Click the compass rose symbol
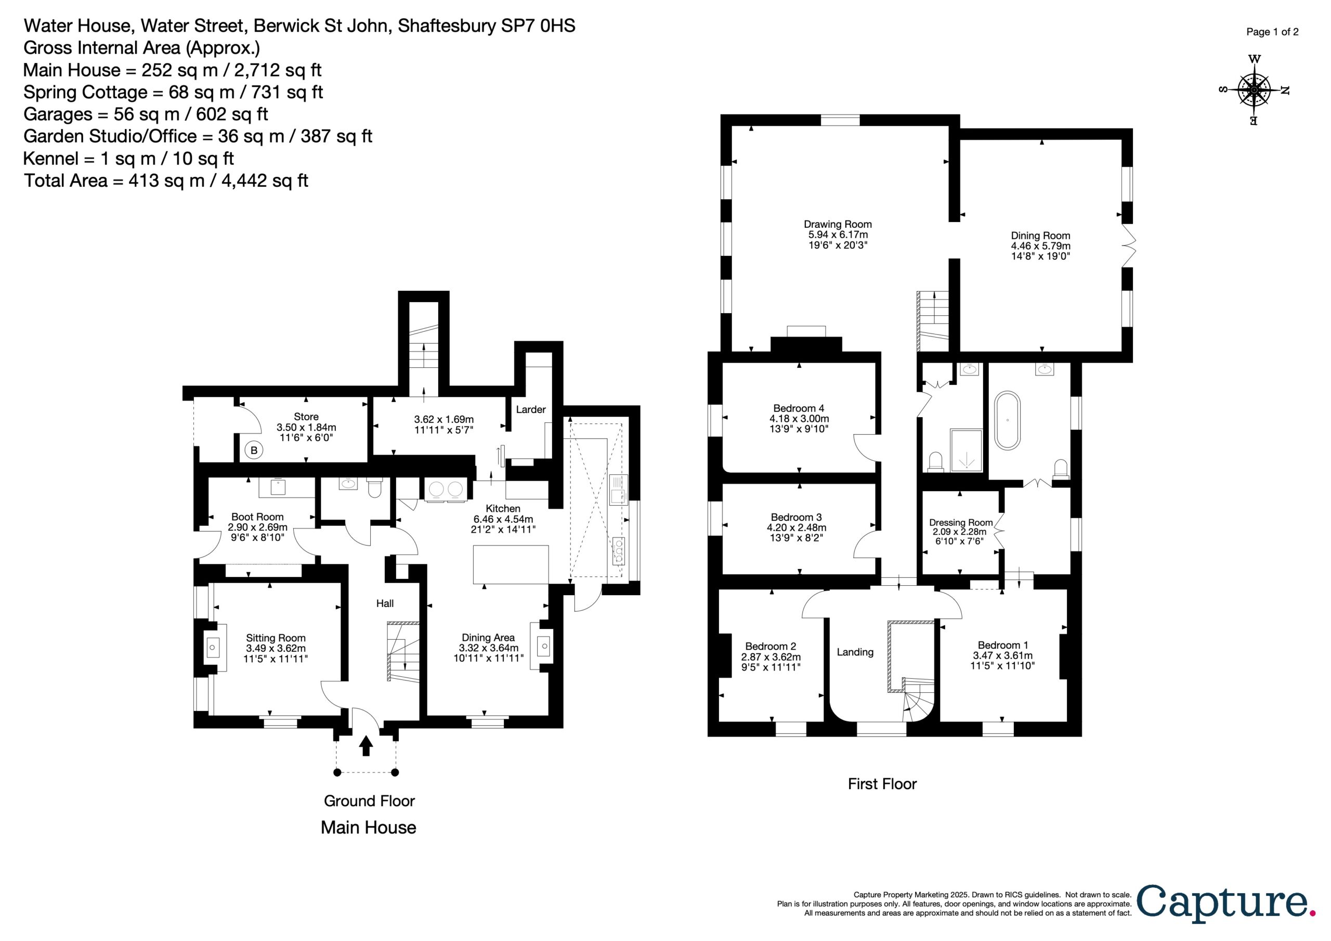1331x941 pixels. pyautogui.click(x=1254, y=91)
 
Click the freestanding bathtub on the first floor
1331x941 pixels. pyautogui.click(x=1008, y=421)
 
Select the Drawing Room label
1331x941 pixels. pyautogui.click(x=838, y=225)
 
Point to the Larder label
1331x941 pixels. pyautogui.click(x=530, y=409)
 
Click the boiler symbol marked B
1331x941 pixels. pyautogui.click(x=254, y=450)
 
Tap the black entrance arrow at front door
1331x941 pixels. pyautogui.click(x=366, y=746)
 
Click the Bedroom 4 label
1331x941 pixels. pyautogui.click(x=799, y=408)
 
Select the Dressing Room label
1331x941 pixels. pyautogui.click(x=961, y=523)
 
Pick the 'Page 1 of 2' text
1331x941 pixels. pyautogui.click(x=1272, y=32)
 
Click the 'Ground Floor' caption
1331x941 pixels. pyautogui.click(x=369, y=801)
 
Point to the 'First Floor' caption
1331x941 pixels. pyautogui.click(x=882, y=784)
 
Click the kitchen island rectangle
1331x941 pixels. pyautogui.click(x=511, y=564)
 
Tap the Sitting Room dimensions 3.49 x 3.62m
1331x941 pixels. pyautogui.click(x=276, y=649)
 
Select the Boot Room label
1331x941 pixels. pyautogui.click(x=257, y=517)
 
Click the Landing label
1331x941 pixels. pyautogui.click(x=855, y=652)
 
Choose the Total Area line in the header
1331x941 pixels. pyautogui.click(x=166, y=181)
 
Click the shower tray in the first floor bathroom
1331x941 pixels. pyautogui.click(x=967, y=450)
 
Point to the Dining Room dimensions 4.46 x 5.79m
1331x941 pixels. pyautogui.click(x=1040, y=246)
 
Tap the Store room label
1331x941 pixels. pyautogui.click(x=306, y=417)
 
